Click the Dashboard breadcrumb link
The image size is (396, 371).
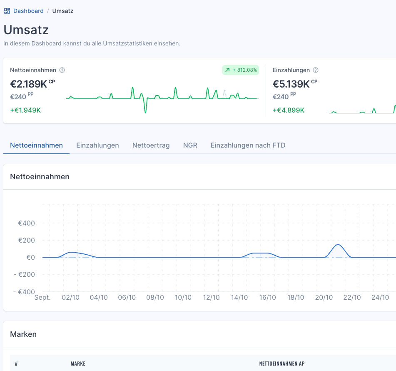pos(28,11)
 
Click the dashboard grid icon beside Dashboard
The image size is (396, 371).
pos(7,11)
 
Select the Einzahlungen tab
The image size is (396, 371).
pos(97,145)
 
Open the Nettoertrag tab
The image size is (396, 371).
pos(151,145)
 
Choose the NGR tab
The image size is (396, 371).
pos(190,145)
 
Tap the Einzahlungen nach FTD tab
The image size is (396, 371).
pos(248,145)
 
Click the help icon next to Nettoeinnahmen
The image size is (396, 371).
pos(62,70)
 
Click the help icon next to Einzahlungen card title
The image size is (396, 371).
pos(316,70)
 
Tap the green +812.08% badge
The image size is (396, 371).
pos(240,70)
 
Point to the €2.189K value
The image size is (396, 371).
pos(29,84)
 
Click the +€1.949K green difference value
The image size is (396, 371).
pos(25,110)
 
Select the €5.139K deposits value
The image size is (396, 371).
pos(291,84)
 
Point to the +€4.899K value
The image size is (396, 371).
pos(289,110)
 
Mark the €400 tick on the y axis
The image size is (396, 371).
pos(26,223)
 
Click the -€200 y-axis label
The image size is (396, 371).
pos(24,274)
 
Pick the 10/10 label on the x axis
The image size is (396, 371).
pos(183,297)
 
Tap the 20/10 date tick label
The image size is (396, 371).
pos(324,297)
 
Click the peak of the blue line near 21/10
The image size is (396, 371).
pos(338,245)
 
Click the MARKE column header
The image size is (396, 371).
pos(78,363)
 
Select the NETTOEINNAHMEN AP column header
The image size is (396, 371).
pos(282,363)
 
